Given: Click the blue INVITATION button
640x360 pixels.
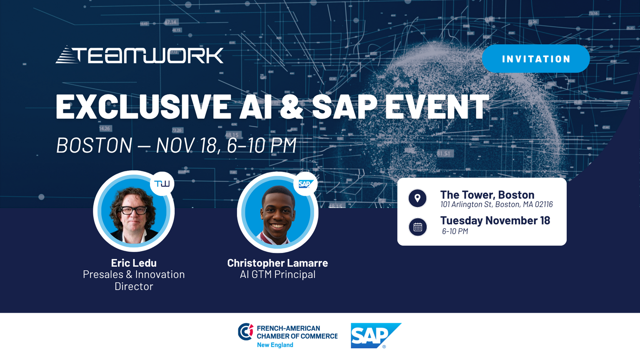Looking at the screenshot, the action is point(536,59).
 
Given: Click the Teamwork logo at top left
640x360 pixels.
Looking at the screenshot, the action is point(140,55).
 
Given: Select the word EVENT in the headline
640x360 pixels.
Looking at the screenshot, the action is point(437,106).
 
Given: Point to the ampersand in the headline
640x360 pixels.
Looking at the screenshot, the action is point(291,106).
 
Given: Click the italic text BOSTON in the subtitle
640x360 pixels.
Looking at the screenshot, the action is point(94,145).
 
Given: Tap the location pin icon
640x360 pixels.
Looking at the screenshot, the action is point(417,198).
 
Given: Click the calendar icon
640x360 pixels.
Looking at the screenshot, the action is point(418,227).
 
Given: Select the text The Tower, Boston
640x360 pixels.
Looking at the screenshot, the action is point(487,195).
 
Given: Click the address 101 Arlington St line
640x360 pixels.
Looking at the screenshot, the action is point(497,205).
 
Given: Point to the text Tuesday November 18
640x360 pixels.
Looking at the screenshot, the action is point(495,220).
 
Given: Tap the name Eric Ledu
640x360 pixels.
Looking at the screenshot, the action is point(134,263).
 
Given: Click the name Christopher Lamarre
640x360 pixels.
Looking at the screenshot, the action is point(277,263).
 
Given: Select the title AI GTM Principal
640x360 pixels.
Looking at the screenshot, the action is point(277,274).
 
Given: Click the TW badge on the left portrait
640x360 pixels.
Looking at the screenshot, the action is point(162,184).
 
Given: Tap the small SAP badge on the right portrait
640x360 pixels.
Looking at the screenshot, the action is point(305,184).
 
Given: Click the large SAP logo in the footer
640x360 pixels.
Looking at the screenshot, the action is point(376,336).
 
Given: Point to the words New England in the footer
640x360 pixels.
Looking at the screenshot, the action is point(275,345).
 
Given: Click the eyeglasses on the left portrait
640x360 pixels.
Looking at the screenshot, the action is point(134,211).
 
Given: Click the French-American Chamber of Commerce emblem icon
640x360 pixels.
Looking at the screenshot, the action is point(245,332).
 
